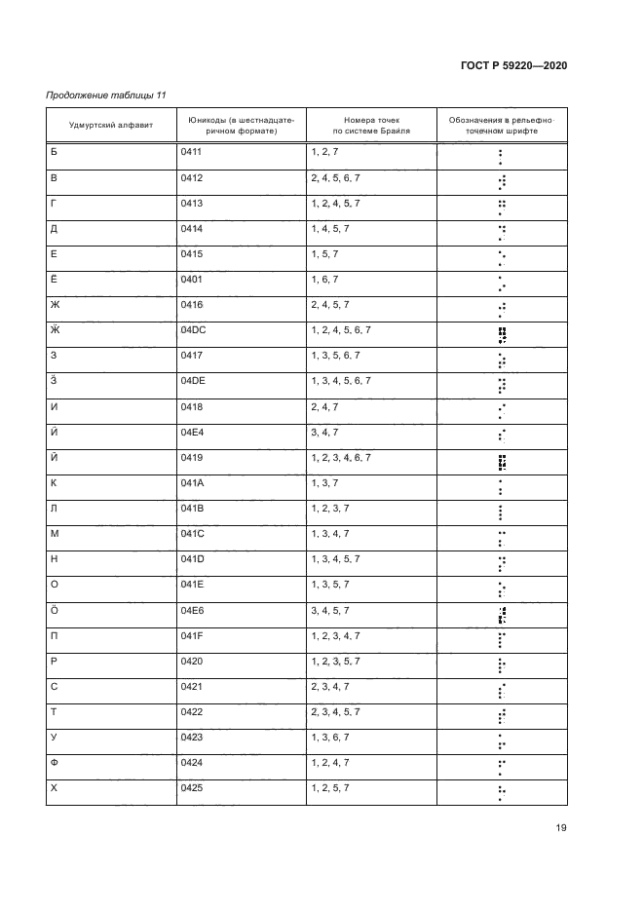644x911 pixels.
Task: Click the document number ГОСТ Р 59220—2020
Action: [x=512, y=65]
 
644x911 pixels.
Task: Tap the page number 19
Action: [x=561, y=828]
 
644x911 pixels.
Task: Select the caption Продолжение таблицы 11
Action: [x=106, y=95]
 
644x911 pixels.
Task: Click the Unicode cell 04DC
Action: [x=194, y=330]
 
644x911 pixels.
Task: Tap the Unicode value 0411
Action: [x=191, y=153]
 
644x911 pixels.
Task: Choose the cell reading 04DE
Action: [x=194, y=381]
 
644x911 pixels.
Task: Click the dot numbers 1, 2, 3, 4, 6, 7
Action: [x=340, y=457]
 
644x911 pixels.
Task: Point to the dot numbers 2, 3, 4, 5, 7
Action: [x=336, y=712]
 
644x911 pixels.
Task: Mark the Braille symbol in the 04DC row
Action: [x=501, y=336]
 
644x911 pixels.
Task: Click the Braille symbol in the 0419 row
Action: [x=501, y=463]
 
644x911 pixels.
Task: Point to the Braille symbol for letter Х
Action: [x=501, y=793]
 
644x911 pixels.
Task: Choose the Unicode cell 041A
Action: [x=192, y=483]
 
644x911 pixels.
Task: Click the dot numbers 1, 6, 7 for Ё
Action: [x=323, y=280]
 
